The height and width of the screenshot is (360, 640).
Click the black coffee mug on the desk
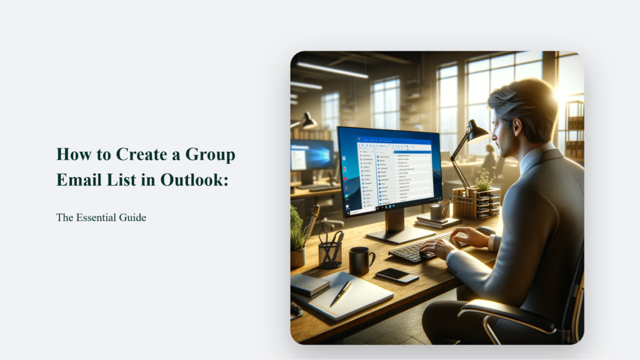click(360, 259)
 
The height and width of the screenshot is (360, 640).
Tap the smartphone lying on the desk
click(397, 275)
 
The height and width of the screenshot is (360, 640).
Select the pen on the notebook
click(341, 292)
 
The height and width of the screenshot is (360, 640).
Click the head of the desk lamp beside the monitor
click(478, 131)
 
